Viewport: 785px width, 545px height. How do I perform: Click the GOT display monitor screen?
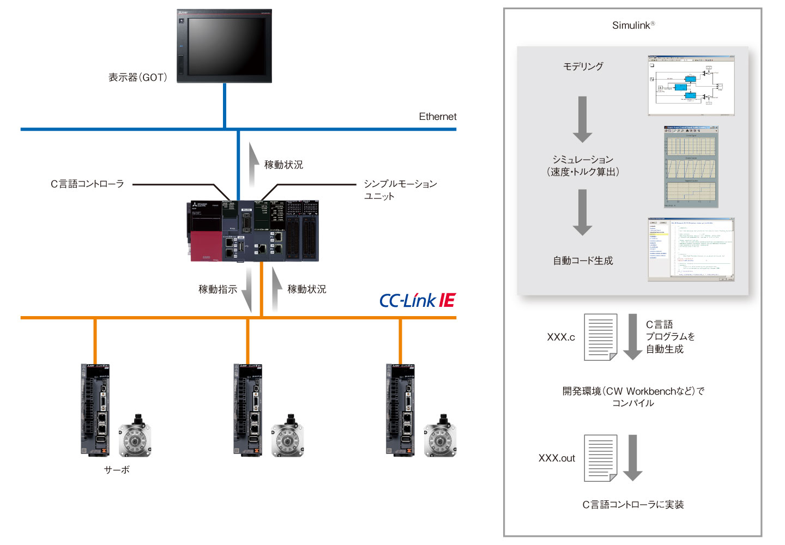pyautogui.click(x=227, y=46)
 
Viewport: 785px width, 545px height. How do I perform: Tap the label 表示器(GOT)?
pyautogui.click(x=137, y=77)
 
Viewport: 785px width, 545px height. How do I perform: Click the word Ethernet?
pyautogui.click(x=437, y=117)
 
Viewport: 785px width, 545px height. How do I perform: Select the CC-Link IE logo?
pyautogui.click(x=417, y=300)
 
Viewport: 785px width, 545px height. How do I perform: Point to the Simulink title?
pyautogui.click(x=633, y=25)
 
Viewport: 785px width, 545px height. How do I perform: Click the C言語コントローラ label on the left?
pyautogui.click(x=87, y=184)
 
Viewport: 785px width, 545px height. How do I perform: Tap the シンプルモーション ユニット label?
pyautogui.click(x=400, y=190)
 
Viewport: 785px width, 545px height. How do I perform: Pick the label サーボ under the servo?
pyautogui.click(x=117, y=470)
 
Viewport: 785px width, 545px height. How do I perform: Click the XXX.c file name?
pyautogui.click(x=560, y=337)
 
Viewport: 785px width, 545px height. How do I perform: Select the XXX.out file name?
pyautogui.click(x=557, y=458)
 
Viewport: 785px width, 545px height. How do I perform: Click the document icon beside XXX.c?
pyautogui.click(x=600, y=337)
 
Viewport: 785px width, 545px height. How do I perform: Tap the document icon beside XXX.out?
pyautogui.click(x=600, y=458)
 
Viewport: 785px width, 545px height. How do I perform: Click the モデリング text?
pyautogui.click(x=583, y=66)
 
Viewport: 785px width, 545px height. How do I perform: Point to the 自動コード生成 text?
pyautogui.click(x=583, y=261)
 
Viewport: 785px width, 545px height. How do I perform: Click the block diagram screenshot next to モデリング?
pyautogui.click(x=691, y=86)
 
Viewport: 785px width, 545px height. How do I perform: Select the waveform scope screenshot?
pyautogui.click(x=691, y=167)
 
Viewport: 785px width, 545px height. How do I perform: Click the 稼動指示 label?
pyautogui.click(x=218, y=289)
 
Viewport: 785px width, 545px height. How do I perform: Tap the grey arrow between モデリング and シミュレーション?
pyautogui.click(x=582, y=119)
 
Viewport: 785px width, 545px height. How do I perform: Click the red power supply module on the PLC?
pyautogui.click(x=206, y=246)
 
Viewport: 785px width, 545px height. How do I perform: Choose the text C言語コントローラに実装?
pyautogui.click(x=633, y=505)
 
